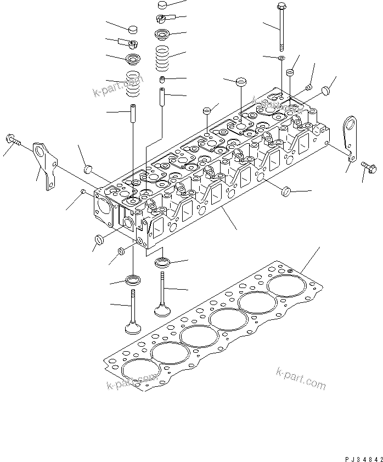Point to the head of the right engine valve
coord(162,311)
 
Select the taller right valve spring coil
coord(162,58)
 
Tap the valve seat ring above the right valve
coord(163,262)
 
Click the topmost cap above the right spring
coord(162,5)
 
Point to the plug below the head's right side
coord(285,191)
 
